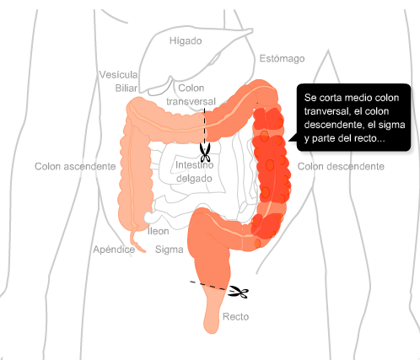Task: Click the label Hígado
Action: (186, 41)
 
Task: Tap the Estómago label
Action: (282, 58)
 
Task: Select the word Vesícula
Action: (118, 75)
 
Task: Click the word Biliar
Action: (127, 89)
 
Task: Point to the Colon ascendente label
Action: (75, 166)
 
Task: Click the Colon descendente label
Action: (341, 166)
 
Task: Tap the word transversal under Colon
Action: (191, 101)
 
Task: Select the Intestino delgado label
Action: (194, 172)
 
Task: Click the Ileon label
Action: (159, 231)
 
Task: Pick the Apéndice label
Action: (114, 250)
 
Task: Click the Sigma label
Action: (170, 250)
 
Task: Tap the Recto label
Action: (235, 317)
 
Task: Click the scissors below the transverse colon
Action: (205, 153)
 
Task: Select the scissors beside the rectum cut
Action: (238, 292)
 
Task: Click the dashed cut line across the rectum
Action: (208, 285)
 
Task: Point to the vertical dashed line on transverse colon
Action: (204, 126)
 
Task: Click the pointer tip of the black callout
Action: (288, 141)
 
